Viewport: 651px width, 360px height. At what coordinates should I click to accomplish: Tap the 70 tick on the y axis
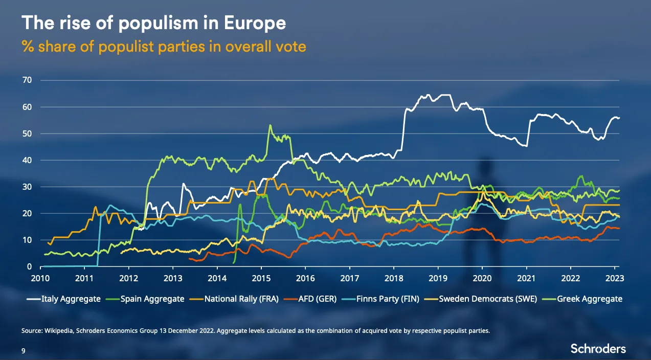pos(27,80)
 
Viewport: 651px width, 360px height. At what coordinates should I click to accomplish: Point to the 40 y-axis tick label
pos(27,160)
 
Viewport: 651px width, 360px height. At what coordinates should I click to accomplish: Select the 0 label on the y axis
pos(30,266)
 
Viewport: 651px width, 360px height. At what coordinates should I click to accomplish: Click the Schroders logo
pos(598,349)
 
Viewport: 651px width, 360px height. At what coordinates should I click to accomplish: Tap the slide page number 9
pos(23,351)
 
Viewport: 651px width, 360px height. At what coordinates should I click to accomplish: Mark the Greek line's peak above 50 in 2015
pos(270,125)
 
